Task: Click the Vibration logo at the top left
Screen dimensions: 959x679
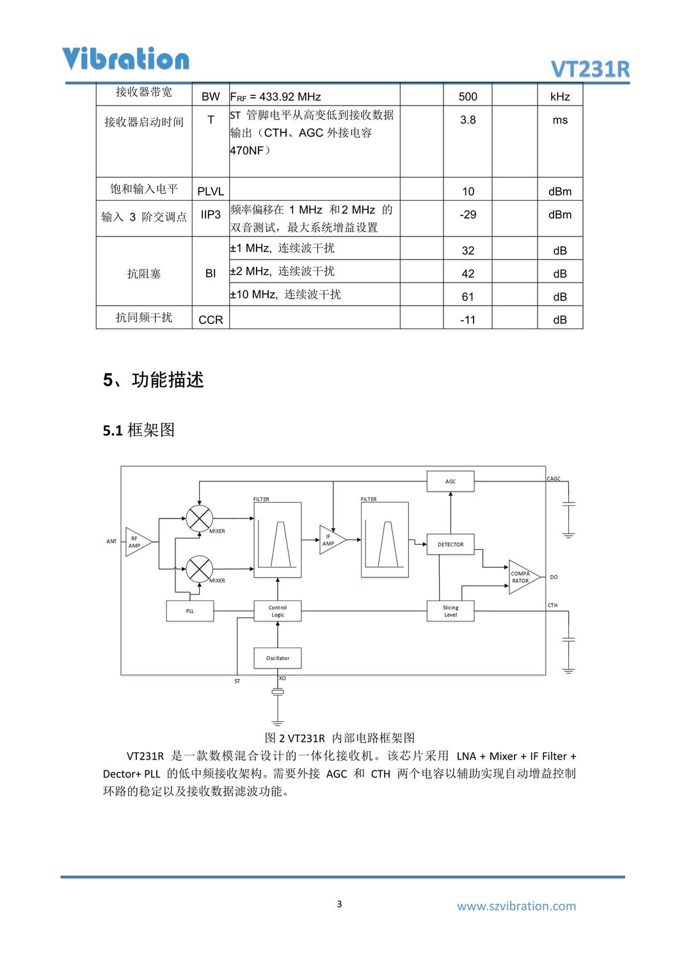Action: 125,59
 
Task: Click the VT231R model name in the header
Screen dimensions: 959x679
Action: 590,69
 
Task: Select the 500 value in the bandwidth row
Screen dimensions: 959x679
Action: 468,97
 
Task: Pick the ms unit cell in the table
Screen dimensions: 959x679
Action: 560,120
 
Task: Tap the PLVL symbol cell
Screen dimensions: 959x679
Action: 211,191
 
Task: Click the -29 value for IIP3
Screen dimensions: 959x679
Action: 468,215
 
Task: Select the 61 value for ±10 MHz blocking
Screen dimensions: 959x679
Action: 468,297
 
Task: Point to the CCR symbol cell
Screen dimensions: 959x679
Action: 211,320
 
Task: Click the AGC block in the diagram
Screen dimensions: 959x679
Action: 451,481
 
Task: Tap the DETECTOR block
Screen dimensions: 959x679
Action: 451,545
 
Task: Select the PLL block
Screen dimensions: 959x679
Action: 190,611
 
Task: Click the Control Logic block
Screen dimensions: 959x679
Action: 278,611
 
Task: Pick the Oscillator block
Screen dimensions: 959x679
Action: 278,658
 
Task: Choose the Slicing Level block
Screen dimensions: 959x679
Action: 451,611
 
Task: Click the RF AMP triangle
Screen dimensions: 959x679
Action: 137,542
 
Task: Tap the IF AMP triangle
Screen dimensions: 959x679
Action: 330,540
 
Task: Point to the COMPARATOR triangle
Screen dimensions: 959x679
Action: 522,577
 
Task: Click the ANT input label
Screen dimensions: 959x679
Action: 111,542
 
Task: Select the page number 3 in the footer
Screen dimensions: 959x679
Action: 339,904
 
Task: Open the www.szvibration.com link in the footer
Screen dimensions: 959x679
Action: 516,906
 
